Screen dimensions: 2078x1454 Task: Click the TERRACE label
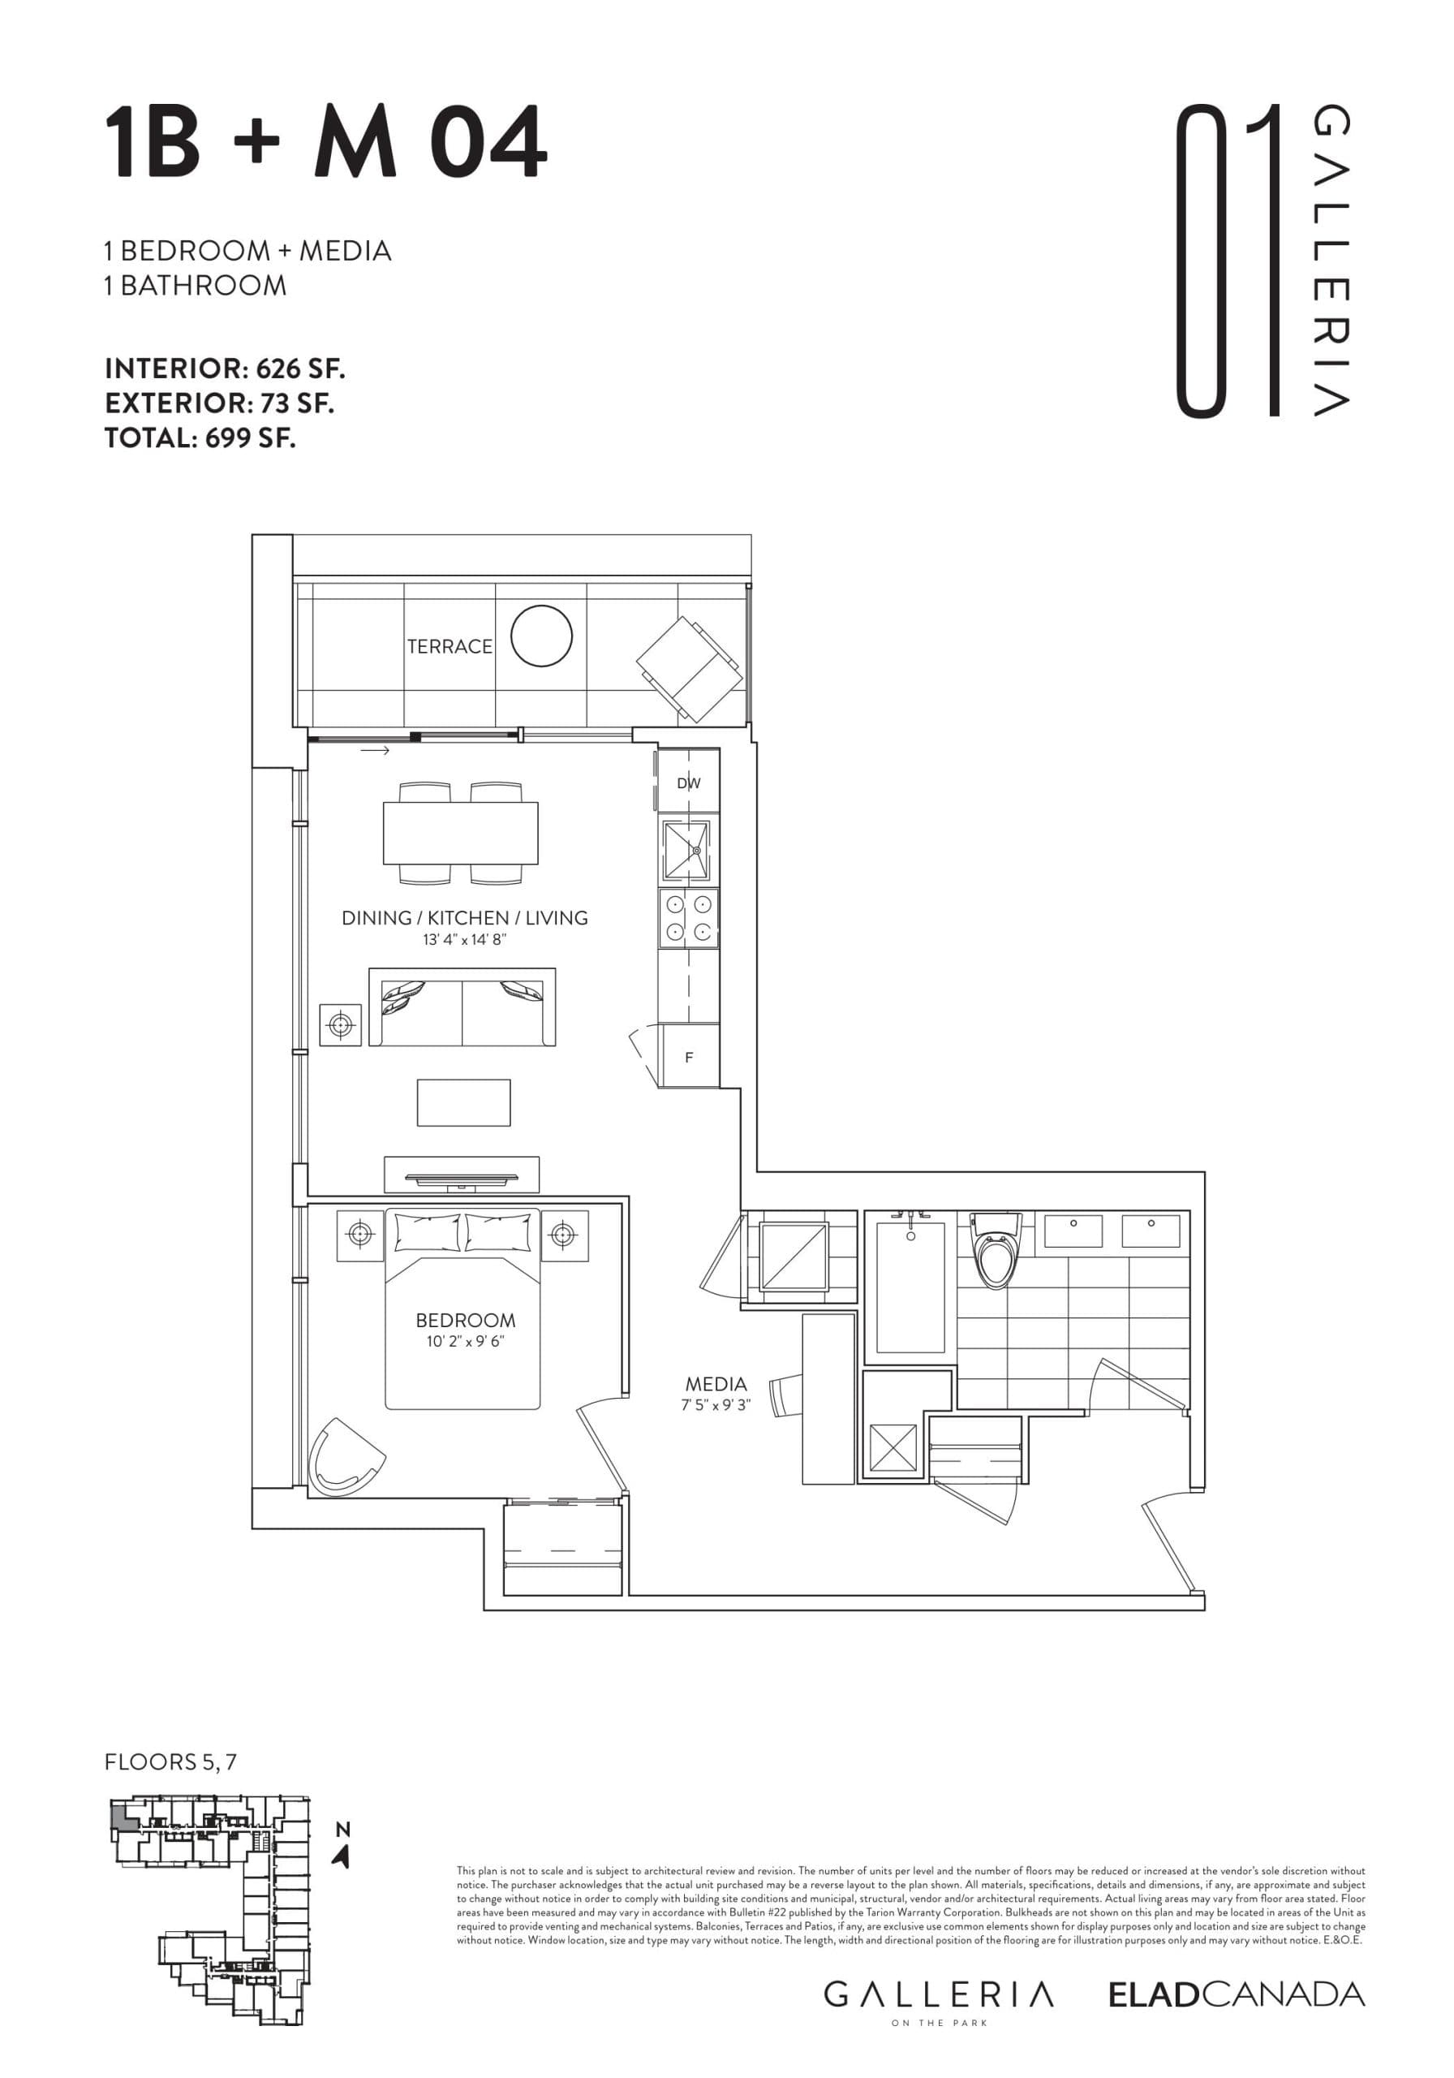449,646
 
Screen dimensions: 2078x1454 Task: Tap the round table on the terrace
541,636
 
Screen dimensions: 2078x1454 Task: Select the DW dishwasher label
689,782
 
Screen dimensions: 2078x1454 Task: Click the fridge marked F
690,1056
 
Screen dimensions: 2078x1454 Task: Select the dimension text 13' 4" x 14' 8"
464,939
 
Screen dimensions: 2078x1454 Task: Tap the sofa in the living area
462,1007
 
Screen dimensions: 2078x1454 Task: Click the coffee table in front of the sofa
463,1102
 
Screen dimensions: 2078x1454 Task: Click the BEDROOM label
465,1321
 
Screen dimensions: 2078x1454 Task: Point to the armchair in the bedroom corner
344,1457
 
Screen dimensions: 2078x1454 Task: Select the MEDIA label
716,1384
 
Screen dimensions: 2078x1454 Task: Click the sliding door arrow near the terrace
375,750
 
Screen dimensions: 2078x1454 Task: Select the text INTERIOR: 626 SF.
226,369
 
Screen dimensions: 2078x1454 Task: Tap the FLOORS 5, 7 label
170,1761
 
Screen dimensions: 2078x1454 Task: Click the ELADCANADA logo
1236,1994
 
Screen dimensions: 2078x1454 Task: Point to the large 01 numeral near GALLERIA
1228,261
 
